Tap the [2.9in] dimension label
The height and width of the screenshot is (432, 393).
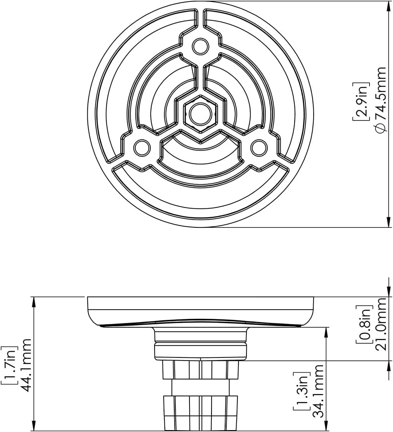pyautogui.click(x=361, y=101)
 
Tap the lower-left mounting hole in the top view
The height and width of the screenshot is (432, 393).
pyautogui.click(x=142, y=148)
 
